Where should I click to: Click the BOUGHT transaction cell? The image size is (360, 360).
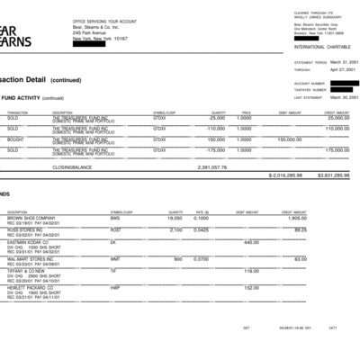point(13,139)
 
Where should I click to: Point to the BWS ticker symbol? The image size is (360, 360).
point(114,218)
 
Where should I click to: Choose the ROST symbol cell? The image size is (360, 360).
point(115,229)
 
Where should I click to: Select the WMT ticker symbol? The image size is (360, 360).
point(114,258)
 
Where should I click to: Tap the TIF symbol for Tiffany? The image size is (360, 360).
point(113,270)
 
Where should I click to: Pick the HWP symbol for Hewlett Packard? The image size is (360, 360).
point(114,286)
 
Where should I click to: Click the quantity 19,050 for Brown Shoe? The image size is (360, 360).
point(175,218)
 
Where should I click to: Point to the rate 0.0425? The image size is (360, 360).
point(201,229)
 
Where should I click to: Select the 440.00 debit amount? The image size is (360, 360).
point(251,242)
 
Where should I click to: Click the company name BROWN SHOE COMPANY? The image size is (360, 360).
point(31,218)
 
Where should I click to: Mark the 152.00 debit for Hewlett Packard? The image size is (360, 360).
point(251,286)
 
